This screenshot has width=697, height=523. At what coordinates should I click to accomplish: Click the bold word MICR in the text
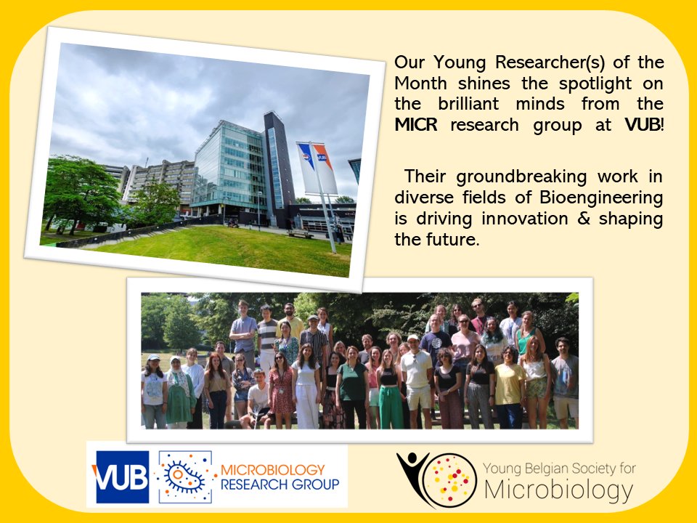click(x=418, y=125)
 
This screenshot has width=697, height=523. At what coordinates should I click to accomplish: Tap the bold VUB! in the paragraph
click(x=644, y=125)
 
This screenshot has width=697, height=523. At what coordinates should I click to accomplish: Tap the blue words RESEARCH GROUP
click(x=279, y=485)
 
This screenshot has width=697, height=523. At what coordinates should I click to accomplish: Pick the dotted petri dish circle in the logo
click(x=451, y=480)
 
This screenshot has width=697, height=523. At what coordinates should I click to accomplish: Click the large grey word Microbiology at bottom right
click(x=558, y=490)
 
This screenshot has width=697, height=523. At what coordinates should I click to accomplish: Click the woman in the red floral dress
click(x=281, y=392)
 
